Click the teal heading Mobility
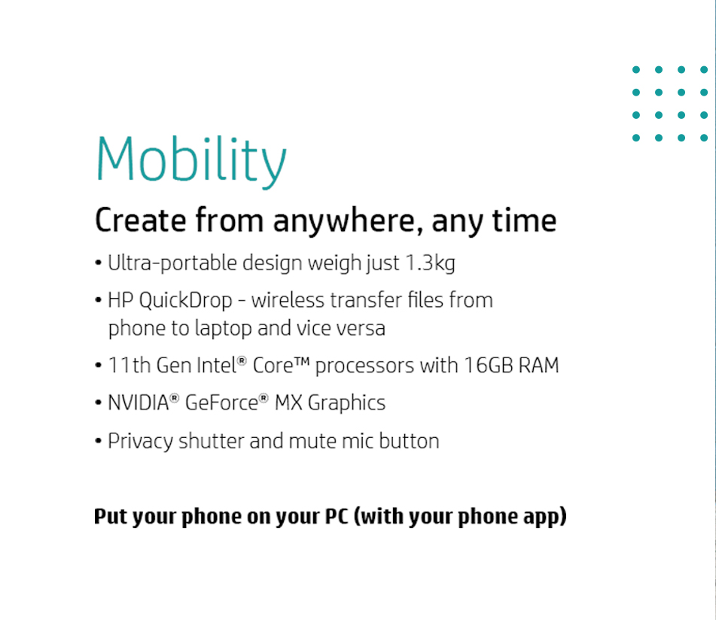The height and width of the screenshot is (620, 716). [x=191, y=161]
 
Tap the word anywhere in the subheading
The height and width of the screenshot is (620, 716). [x=349, y=222]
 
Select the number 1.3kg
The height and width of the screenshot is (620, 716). [x=431, y=264]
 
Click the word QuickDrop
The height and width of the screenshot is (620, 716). [x=185, y=302]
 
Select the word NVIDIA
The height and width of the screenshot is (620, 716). [x=139, y=403]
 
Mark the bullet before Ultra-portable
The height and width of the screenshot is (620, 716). [x=98, y=263]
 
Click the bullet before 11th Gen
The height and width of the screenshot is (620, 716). [x=98, y=366]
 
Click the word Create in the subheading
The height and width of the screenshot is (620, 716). [x=141, y=220]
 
